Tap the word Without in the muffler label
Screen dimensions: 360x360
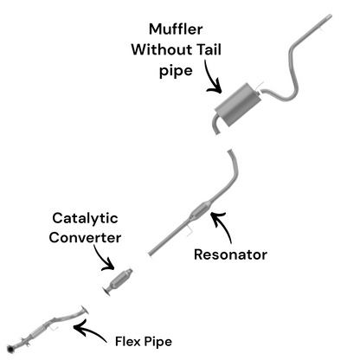(164, 49)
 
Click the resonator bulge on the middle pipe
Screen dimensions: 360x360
(199, 211)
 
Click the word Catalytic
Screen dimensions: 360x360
(85, 219)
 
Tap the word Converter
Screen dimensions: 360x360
(85, 237)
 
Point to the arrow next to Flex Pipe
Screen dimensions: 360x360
(90, 328)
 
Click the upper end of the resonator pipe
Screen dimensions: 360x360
(231, 154)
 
